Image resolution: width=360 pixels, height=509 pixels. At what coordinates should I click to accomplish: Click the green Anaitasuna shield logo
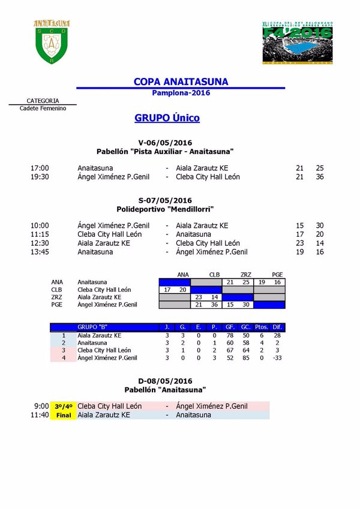(x=52, y=42)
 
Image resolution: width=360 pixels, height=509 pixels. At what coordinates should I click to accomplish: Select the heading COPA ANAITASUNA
(x=181, y=82)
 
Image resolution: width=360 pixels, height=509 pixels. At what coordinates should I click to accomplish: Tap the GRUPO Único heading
(x=167, y=118)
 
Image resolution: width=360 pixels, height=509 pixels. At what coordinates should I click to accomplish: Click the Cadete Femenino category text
(x=43, y=109)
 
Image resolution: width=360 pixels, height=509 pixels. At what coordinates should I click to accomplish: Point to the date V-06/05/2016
(x=164, y=143)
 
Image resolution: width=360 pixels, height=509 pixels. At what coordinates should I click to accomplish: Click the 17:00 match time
(x=40, y=168)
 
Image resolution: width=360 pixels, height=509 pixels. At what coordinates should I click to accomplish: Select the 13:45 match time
(x=40, y=252)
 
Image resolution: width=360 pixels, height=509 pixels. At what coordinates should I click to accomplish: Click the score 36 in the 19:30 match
(x=320, y=177)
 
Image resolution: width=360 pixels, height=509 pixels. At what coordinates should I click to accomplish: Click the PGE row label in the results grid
(x=57, y=305)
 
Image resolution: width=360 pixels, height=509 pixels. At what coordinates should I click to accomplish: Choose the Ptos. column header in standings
(x=261, y=327)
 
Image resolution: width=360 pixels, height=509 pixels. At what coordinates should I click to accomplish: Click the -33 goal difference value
(x=276, y=358)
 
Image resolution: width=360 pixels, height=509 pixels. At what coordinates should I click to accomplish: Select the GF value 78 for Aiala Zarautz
(x=230, y=335)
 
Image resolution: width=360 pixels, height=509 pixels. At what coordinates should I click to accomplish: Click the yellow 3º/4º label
(x=63, y=406)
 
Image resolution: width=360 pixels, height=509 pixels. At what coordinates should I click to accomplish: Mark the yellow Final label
(x=63, y=415)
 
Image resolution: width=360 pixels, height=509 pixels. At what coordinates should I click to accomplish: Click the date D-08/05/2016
(x=164, y=381)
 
